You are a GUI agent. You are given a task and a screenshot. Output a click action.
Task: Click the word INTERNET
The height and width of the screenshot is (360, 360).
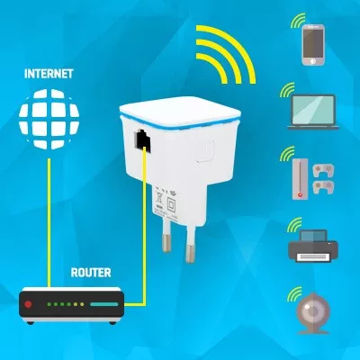point(49,74)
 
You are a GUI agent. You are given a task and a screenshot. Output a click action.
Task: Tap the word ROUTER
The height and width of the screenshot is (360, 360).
point(91,273)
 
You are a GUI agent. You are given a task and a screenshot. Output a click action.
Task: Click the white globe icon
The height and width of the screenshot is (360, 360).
point(49,119)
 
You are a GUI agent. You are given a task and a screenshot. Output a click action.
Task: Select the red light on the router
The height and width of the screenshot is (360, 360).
point(28,304)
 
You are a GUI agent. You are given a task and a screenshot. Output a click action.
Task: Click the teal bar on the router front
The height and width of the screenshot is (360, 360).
point(104,304)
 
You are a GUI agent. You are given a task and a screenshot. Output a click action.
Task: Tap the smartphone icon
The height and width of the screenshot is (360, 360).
point(313,45)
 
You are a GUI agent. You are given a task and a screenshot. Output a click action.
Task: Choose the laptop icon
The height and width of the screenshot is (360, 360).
point(313,112)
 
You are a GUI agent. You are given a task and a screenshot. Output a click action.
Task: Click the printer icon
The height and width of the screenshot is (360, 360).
point(313,246)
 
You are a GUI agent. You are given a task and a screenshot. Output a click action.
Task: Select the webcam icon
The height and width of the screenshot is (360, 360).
point(313,313)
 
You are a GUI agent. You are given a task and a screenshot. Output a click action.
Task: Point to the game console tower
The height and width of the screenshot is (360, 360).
point(300,179)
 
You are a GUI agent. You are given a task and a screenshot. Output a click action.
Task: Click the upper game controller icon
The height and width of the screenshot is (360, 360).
point(323,170)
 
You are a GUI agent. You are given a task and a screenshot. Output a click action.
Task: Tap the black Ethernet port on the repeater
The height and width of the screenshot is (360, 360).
point(142,139)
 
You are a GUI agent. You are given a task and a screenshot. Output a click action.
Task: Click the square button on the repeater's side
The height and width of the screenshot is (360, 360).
point(205,151)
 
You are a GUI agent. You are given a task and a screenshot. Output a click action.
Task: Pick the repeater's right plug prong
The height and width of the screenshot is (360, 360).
point(190,245)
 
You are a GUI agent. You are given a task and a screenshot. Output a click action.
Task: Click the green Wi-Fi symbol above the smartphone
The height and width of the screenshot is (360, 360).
point(297,21)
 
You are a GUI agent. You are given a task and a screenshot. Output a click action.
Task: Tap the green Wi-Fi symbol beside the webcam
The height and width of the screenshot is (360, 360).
point(294,294)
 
